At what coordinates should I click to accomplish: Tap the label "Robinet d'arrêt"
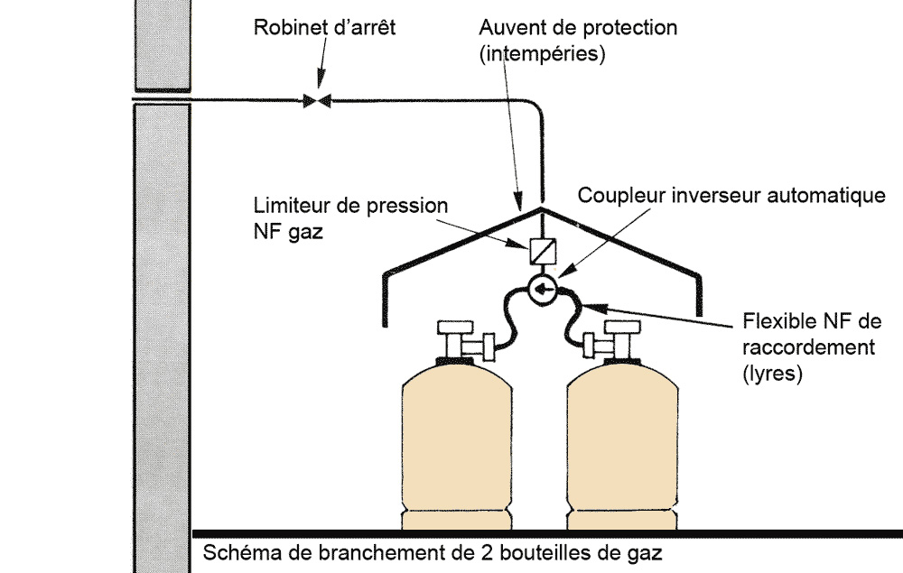(x=324, y=28)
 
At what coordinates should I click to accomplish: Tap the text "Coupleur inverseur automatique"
(x=731, y=196)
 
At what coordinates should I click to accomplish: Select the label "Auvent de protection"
(x=578, y=28)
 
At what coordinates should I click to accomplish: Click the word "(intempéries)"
(x=542, y=53)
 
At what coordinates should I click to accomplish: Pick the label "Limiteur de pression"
(x=351, y=206)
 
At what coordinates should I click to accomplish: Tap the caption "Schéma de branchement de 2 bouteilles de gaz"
(x=438, y=551)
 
